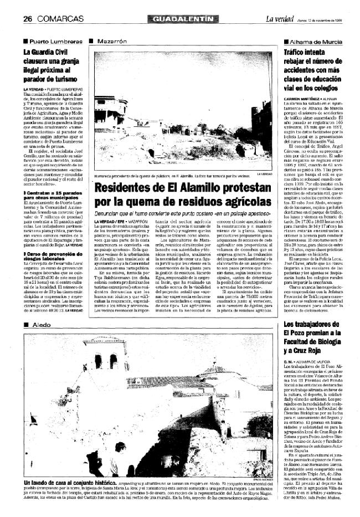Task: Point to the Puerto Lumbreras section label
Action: pyautogui.click(x=53, y=42)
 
